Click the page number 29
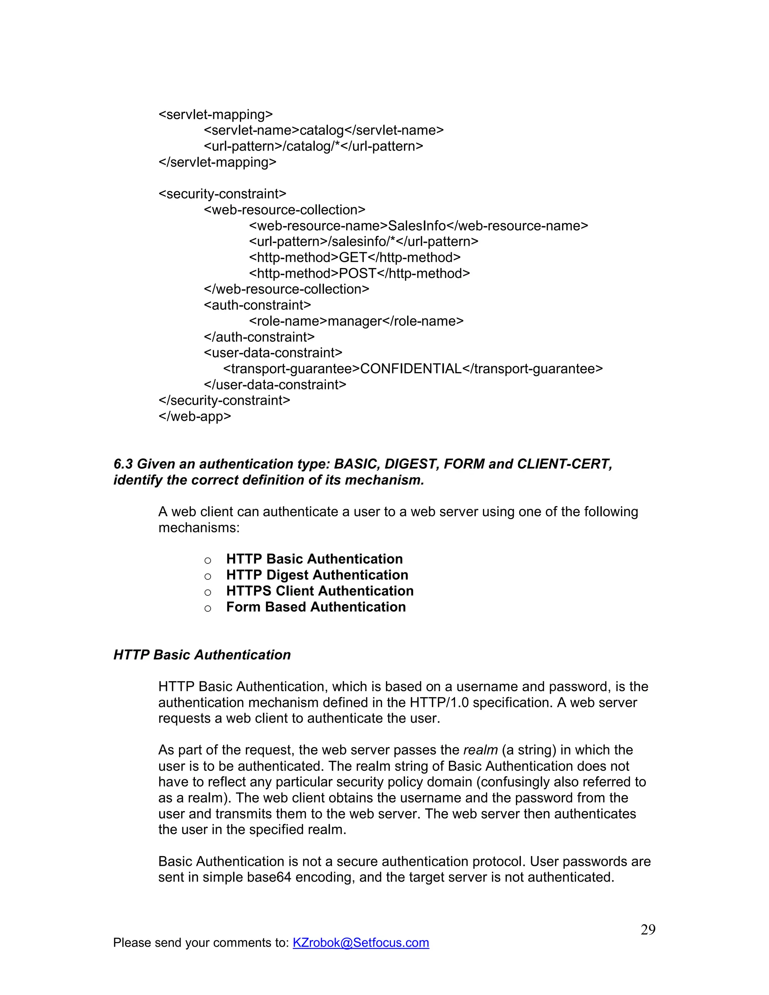(647, 930)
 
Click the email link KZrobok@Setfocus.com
(360, 942)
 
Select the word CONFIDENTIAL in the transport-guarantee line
(410, 369)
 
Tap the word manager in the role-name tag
(354, 321)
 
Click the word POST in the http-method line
(357, 273)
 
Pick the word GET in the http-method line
(353, 258)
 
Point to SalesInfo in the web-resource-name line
(416, 226)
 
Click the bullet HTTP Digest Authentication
(317, 575)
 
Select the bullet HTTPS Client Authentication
(320, 591)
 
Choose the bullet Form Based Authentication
(316, 607)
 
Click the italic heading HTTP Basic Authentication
(202, 655)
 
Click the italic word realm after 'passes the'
(480, 750)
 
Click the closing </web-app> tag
(195, 416)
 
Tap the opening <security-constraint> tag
(222, 194)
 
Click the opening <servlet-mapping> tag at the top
(216, 115)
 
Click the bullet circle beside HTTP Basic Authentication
(208, 560)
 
